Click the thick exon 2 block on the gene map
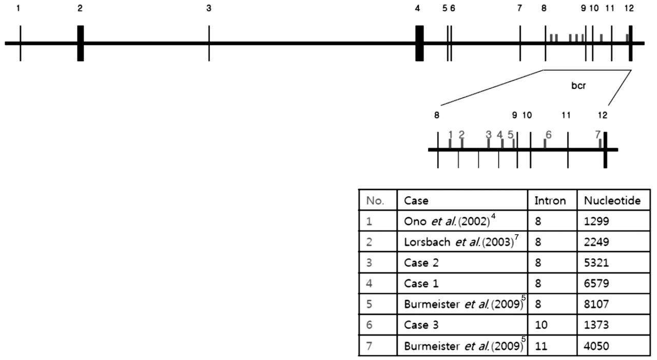pyautogui.click(x=81, y=43)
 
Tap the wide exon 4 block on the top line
pyautogui.click(x=419, y=43)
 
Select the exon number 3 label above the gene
pyautogui.click(x=209, y=8)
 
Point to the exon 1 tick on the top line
pyautogui.click(x=20, y=43)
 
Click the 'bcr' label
pyautogui.click(x=578, y=86)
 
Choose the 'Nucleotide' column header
pyautogui.click(x=612, y=201)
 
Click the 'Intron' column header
pyautogui.click(x=550, y=201)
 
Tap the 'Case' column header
pyautogui.click(x=416, y=201)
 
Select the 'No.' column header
pyautogui.click(x=375, y=201)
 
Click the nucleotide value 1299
pyautogui.click(x=596, y=221)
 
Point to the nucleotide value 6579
pyautogui.click(x=596, y=283)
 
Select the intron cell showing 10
pyautogui.click(x=539, y=325)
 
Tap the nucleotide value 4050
pyautogui.click(x=596, y=346)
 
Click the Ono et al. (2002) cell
pyautogui.click(x=449, y=221)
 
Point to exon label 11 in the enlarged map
pyautogui.click(x=566, y=115)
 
